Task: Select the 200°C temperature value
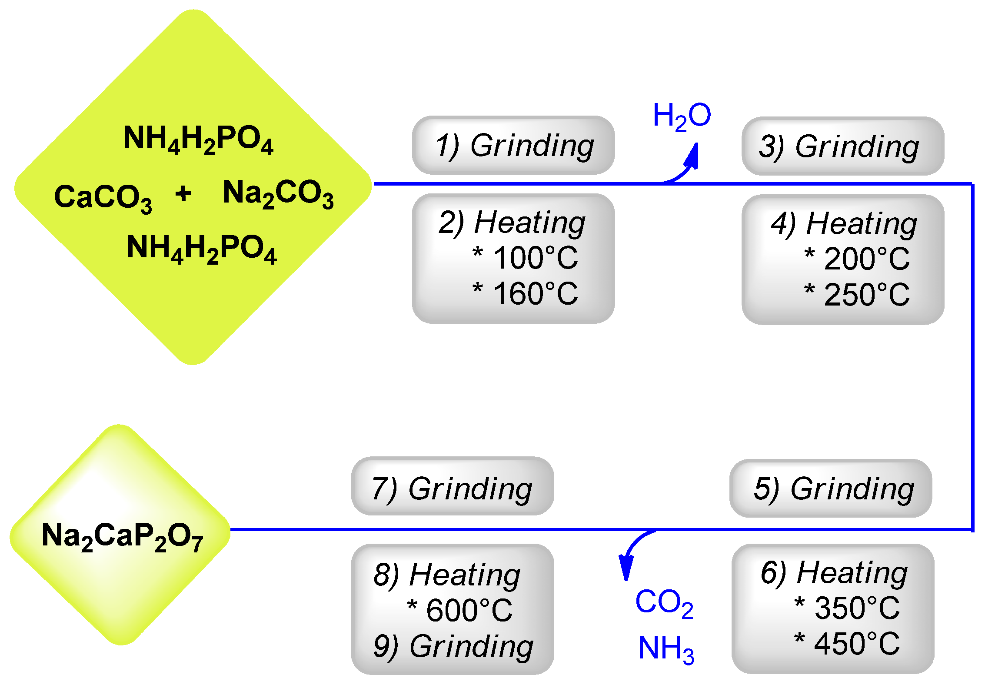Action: (x=866, y=259)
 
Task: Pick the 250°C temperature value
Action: (x=866, y=295)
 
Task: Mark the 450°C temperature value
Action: (x=857, y=644)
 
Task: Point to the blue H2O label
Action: (x=682, y=116)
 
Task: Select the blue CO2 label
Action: (x=664, y=603)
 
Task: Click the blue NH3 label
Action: (x=666, y=649)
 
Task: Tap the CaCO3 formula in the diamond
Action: (x=103, y=197)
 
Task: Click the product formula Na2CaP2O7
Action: (x=122, y=536)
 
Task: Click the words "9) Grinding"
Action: (x=453, y=647)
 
